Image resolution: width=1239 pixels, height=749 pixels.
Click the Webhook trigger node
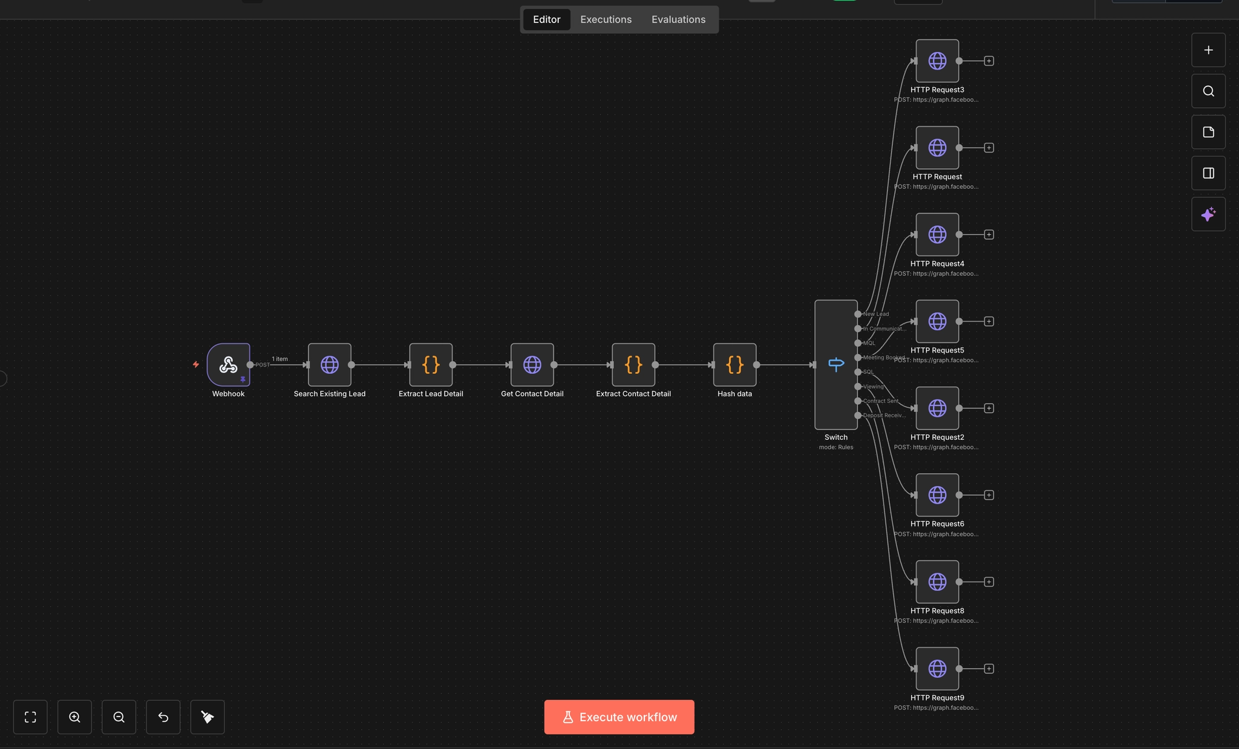click(x=228, y=365)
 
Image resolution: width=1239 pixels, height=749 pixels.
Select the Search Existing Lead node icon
click(x=330, y=365)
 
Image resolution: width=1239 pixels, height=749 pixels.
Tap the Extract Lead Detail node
click(x=431, y=365)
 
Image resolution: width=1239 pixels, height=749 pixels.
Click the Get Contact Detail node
click(x=532, y=365)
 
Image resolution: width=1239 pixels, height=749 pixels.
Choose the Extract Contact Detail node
click(x=633, y=365)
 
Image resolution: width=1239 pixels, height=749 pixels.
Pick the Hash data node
click(x=734, y=365)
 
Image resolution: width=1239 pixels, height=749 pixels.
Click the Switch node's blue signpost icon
click(x=836, y=365)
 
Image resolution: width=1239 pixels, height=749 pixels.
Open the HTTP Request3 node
click(x=937, y=61)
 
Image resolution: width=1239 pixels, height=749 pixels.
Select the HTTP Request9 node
click(x=937, y=669)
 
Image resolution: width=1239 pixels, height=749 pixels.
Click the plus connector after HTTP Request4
click(x=989, y=235)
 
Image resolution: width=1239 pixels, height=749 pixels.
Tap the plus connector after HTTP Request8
click(x=989, y=582)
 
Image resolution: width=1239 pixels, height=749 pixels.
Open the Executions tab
click(x=606, y=19)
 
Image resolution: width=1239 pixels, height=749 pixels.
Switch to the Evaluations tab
click(x=678, y=19)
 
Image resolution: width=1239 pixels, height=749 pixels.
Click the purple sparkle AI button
click(x=1208, y=214)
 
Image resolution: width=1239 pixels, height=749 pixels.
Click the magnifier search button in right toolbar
click(x=1208, y=91)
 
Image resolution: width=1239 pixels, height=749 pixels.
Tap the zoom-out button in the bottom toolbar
click(x=119, y=717)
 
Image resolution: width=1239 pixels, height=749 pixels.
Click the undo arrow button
click(x=163, y=717)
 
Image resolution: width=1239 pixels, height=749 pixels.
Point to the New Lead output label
click(x=876, y=314)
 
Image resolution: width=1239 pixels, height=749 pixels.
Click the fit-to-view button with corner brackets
click(x=30, y=717)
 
